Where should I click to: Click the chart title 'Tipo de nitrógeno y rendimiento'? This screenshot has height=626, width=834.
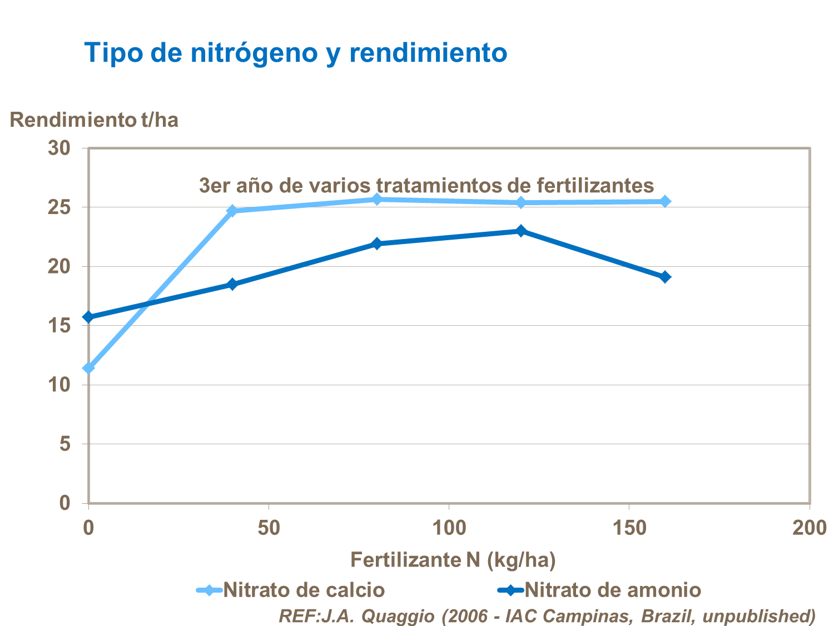[x=295, y=53]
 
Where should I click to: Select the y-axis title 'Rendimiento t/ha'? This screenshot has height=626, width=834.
[x=94, y=120]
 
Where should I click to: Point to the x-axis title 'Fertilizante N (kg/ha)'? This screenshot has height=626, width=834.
[x=453, y=559]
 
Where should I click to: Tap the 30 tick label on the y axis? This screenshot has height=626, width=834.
[x=59, y=148]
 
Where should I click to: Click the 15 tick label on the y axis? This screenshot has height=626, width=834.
[x=59, y=325]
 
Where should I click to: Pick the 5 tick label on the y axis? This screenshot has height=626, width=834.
[x=65, y=444]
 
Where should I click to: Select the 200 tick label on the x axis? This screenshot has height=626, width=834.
[x=809, y=528]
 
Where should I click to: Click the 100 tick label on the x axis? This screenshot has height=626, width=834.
[x=449, y=528]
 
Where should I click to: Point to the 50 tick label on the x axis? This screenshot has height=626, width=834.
[x=269, y=528]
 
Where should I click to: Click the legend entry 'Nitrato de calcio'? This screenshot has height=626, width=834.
[x=304, y=590]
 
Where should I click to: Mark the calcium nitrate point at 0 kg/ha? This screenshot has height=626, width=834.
[x=88, y=368]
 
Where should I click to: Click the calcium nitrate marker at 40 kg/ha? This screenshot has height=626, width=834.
[x=232, y=211]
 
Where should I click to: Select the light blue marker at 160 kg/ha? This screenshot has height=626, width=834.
[x=665, y=201]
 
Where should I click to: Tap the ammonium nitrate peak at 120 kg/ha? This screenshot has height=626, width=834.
[x=521, y=231]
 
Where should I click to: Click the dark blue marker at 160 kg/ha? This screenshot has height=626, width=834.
[x=665, y=277]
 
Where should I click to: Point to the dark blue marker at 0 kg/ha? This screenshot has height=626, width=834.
[x=88, y=317]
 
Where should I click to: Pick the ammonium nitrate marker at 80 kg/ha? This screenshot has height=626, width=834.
[x=377, y=244]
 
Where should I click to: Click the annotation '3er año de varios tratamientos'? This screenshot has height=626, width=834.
[x=426, y=185]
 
